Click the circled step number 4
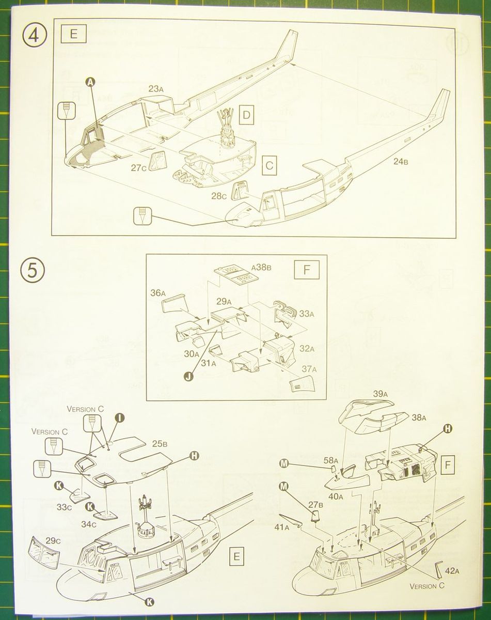coord(34,36)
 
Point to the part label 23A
coord(156,89)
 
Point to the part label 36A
coord(158,293)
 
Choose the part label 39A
coord(379,394)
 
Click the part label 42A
coord(451,571)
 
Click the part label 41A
coord(281,528)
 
